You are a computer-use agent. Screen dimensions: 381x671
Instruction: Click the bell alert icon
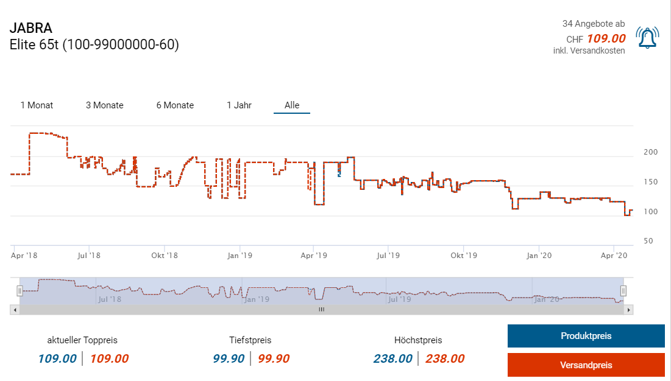647,38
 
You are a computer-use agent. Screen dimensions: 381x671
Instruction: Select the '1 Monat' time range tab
37,105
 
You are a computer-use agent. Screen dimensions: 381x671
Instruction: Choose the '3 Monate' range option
105,105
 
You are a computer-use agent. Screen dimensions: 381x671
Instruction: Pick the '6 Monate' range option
175,105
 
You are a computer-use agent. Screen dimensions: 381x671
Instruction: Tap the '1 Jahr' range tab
239,105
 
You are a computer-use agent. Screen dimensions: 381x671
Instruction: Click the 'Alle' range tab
292,105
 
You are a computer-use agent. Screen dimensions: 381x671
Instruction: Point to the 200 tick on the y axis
650,152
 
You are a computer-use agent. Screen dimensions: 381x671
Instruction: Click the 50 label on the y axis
648,241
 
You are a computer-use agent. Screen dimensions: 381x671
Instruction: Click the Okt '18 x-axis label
165,256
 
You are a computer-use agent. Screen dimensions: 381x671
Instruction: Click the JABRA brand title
31,28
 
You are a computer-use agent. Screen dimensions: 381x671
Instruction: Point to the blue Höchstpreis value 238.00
393,359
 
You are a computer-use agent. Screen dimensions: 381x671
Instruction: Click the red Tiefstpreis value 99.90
274,359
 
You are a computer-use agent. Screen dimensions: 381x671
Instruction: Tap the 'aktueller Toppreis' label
82,340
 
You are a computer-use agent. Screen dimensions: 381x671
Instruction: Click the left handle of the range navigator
20,291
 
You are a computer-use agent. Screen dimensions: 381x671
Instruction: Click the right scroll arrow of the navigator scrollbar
629,310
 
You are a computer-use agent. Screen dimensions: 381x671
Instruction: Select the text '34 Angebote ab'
593,24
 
